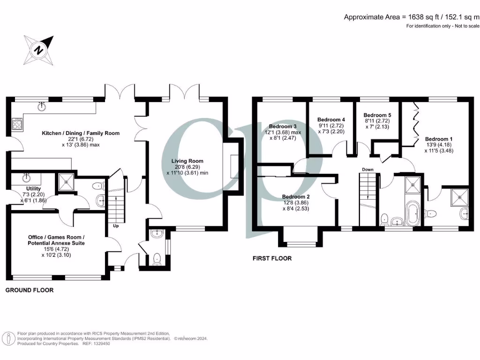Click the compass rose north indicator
[39, 49]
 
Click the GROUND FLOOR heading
[29, 290]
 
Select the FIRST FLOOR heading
[272, 258]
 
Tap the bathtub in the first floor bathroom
[413, 214]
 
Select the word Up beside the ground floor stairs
[115, 226]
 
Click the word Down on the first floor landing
[367, 169]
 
